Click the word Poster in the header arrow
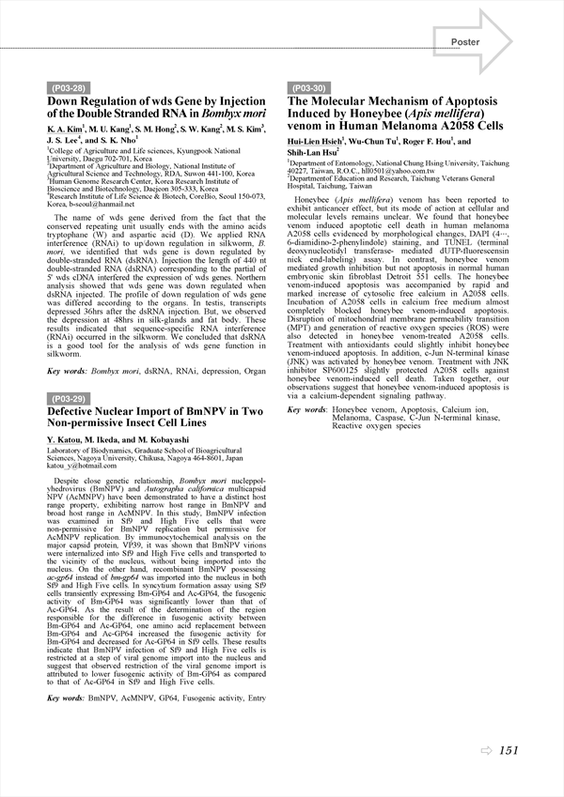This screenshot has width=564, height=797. pos(465,42)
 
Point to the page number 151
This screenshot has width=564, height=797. pos(509,750)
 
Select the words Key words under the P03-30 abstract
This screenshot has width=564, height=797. pos(306,409)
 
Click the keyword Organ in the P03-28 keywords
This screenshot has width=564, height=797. pos(254,372)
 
